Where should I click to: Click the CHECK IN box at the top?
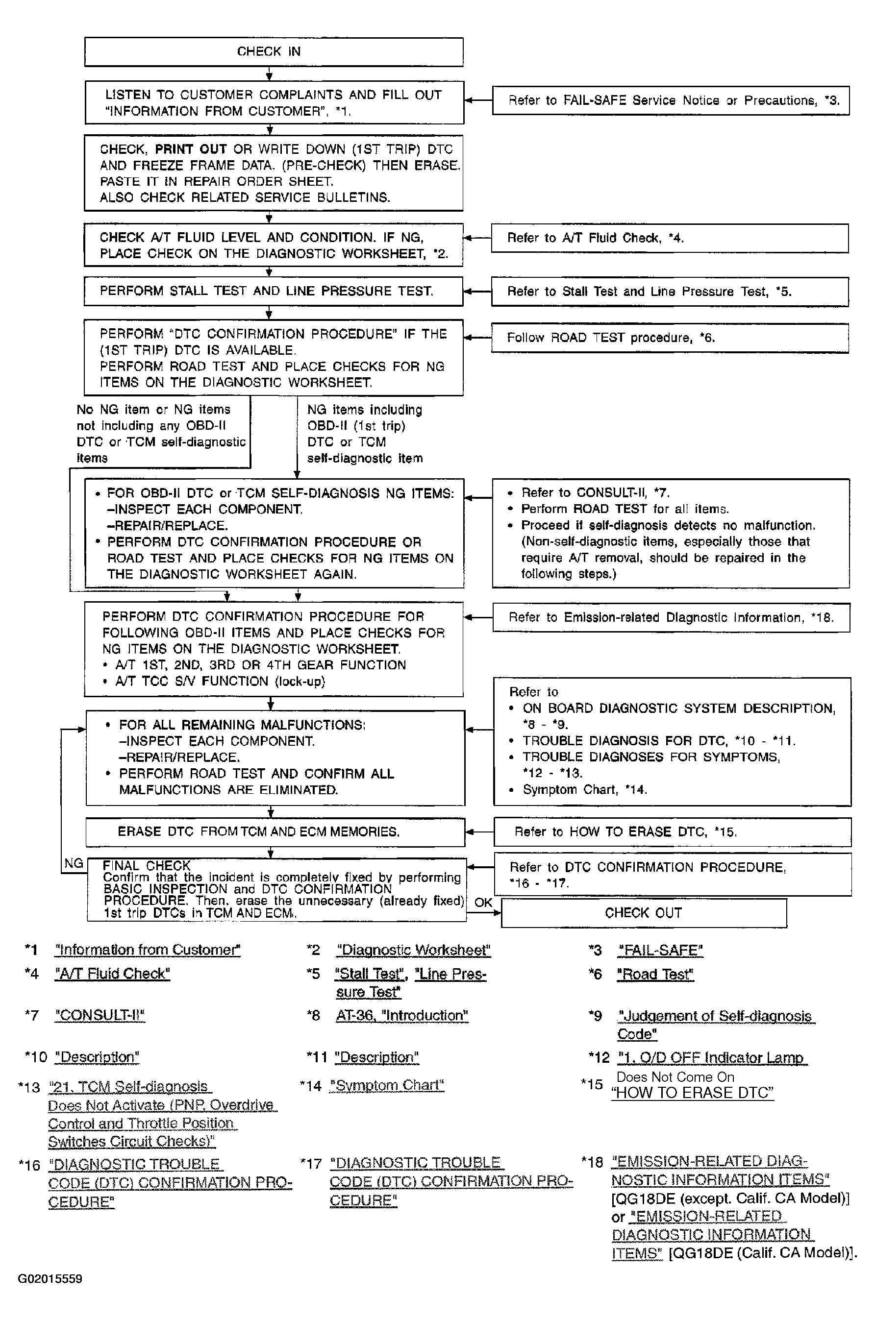pyautogui.click(x=274, y=52)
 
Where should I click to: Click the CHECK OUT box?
pyautogui.click(x=644, y=913)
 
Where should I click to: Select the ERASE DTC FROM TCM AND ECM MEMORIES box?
pyautogui.click(x=275, y=831)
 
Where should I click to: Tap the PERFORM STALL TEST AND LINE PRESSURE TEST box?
pyautogui.click(x=273, y=291)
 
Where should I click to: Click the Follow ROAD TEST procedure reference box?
pyautogui.click(x=670, y=338)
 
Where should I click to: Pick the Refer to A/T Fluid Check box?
pyautogui.click(x=670, y=238)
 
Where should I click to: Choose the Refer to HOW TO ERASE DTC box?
pyautogui.click(x=672, y=832)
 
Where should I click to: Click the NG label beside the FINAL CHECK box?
pyautogui.click(x=74, y=864)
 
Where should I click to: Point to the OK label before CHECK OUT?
pyautogui.click(x=483, y=903)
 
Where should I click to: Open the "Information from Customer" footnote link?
pyautogui.click(x=148, y=950)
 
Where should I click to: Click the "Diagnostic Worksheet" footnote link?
pyautogui.click(x=414, y=950)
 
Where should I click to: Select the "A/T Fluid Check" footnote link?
pyautogui.click(x=112, y=974)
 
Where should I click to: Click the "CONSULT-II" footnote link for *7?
pyautogui.click(x=100, y=1015)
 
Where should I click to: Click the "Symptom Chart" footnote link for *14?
pyautogui.click(x=387, y=1085)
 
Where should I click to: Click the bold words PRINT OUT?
pyautogui.click(x=191, y=149)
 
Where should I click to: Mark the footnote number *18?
pyautogui.click(x=592, y=1162)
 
